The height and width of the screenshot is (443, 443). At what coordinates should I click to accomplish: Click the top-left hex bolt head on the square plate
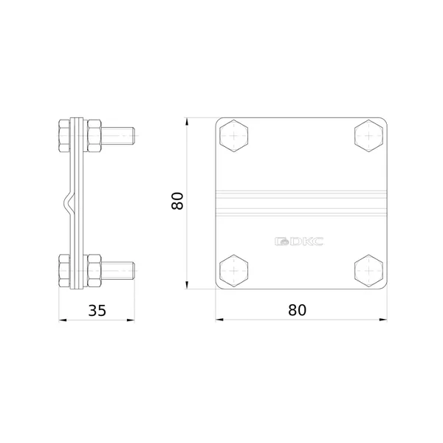tap(234, 136)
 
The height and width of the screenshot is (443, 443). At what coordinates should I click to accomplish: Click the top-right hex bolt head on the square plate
tap(369, 136)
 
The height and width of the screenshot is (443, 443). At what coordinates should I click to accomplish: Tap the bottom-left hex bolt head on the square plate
tap(234, 271)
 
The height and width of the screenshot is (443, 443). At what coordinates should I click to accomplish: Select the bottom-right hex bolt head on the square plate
tap(369, 271)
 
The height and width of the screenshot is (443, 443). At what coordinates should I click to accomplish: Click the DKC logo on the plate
tap(299, 241)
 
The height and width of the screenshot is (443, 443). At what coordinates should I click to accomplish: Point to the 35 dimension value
tap(97, 310)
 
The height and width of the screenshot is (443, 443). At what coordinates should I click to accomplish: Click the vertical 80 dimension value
tap(177, 201)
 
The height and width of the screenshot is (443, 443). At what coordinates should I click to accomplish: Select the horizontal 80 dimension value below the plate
tap(298, 310)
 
